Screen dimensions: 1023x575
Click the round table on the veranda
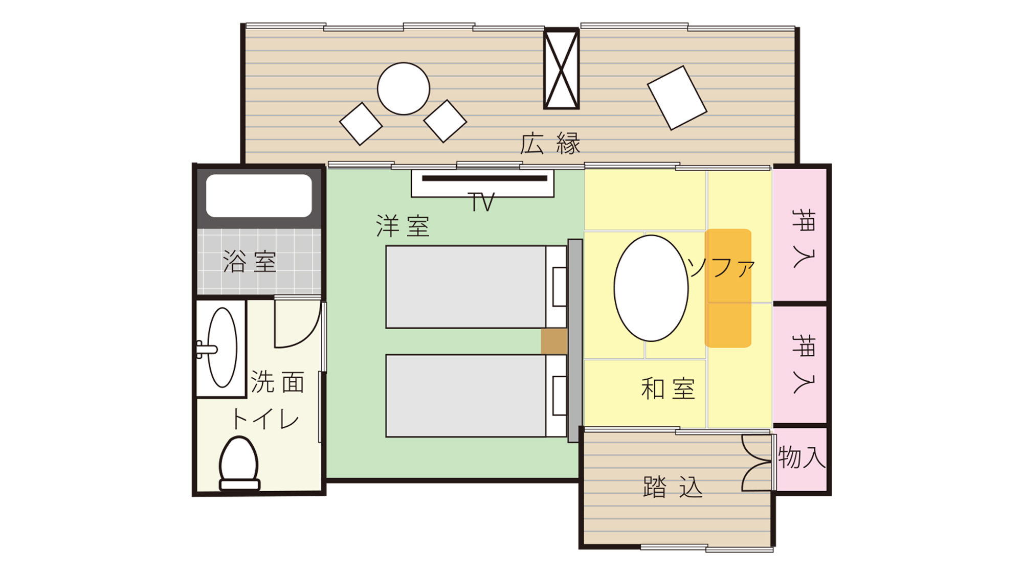click(404, 88)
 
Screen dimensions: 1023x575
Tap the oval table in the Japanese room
click(651, 288)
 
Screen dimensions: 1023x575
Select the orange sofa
click(728, 288)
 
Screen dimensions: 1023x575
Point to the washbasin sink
click(222, 348)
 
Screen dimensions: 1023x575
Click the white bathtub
click(259, 196)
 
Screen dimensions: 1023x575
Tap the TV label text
click(481, 202)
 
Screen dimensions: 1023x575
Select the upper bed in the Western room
click(476, 287)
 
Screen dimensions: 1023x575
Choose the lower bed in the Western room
click(476, 396)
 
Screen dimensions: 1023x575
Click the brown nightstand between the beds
click(554, 341)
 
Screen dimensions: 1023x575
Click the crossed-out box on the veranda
click(561, 68)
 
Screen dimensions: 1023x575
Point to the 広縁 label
click(550, 144)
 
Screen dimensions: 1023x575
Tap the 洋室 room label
click(403, 226)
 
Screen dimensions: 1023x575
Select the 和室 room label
click(668, 388)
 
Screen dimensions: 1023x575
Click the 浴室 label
click(250, 261)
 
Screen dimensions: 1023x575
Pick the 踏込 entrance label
click(673, 487)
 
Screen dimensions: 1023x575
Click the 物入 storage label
click(802, 457)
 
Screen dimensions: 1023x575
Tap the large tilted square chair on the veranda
click(677, 98)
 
